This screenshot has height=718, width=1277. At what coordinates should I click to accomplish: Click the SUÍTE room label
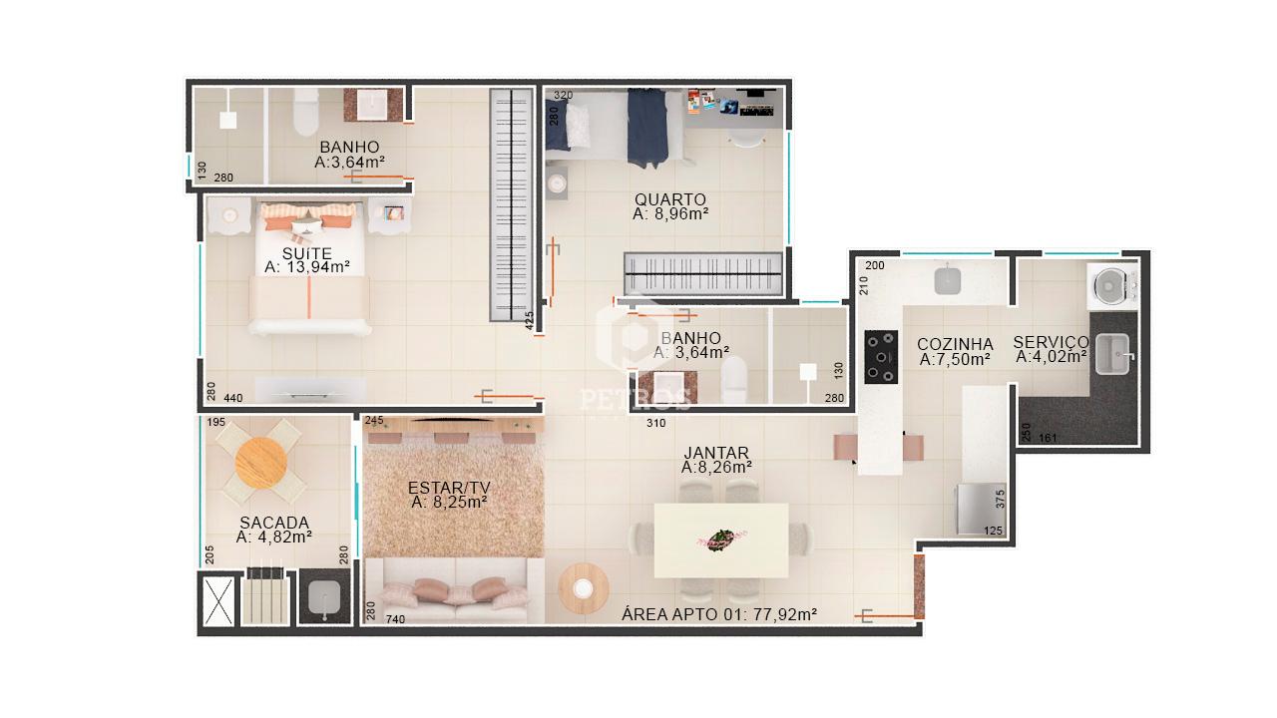306,253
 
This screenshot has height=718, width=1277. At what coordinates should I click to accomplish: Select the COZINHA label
955,344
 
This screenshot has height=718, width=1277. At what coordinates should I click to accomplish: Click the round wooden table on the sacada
260,462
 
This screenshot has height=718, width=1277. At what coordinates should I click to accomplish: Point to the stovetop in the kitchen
881,357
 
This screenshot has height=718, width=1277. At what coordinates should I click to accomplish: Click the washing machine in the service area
1112,286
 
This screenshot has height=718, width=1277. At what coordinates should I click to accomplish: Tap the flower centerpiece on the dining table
721,539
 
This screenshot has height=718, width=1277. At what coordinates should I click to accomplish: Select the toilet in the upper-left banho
305,112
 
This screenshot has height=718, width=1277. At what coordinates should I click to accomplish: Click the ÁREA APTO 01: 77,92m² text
719,614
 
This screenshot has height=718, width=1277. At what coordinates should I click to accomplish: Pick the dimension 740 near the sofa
395,619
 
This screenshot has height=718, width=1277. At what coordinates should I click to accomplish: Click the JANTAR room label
716,453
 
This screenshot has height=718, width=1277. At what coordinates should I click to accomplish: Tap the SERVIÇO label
1051,342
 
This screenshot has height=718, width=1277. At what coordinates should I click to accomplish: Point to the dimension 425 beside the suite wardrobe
529,321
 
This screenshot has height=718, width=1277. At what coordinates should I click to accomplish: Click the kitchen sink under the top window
948,281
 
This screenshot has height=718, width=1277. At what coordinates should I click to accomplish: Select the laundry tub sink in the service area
1113,354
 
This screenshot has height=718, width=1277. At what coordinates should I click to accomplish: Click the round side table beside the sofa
584,588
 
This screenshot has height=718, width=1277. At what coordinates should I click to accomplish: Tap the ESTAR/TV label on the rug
449,488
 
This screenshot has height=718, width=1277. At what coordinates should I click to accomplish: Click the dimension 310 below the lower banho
656,423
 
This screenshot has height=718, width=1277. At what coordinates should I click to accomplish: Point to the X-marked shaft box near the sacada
218,600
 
